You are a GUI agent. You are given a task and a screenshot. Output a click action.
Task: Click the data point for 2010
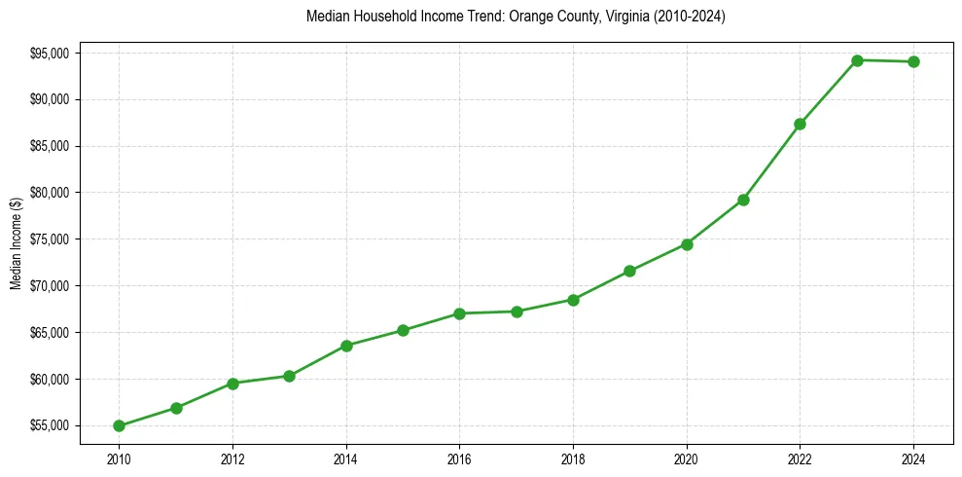[119, 425]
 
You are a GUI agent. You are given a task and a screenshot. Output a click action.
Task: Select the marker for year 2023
[857, 60]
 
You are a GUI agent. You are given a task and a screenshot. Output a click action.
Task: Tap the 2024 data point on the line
[913, 62]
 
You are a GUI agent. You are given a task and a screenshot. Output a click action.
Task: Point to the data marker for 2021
[743, 200]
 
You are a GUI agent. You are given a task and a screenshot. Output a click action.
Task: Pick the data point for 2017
[517, 312]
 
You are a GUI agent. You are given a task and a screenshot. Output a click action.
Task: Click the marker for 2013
[289, 376]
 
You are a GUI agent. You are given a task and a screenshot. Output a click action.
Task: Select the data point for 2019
[629, 271]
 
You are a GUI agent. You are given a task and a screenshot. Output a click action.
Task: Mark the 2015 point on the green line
[403, 330]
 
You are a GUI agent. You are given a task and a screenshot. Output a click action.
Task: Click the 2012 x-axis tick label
[232, 458]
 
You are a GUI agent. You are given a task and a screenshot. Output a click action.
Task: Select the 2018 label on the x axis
[573, 458]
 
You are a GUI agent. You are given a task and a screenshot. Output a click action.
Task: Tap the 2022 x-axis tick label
[800, 458]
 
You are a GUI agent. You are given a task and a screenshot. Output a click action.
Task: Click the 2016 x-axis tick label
[459, 458]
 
